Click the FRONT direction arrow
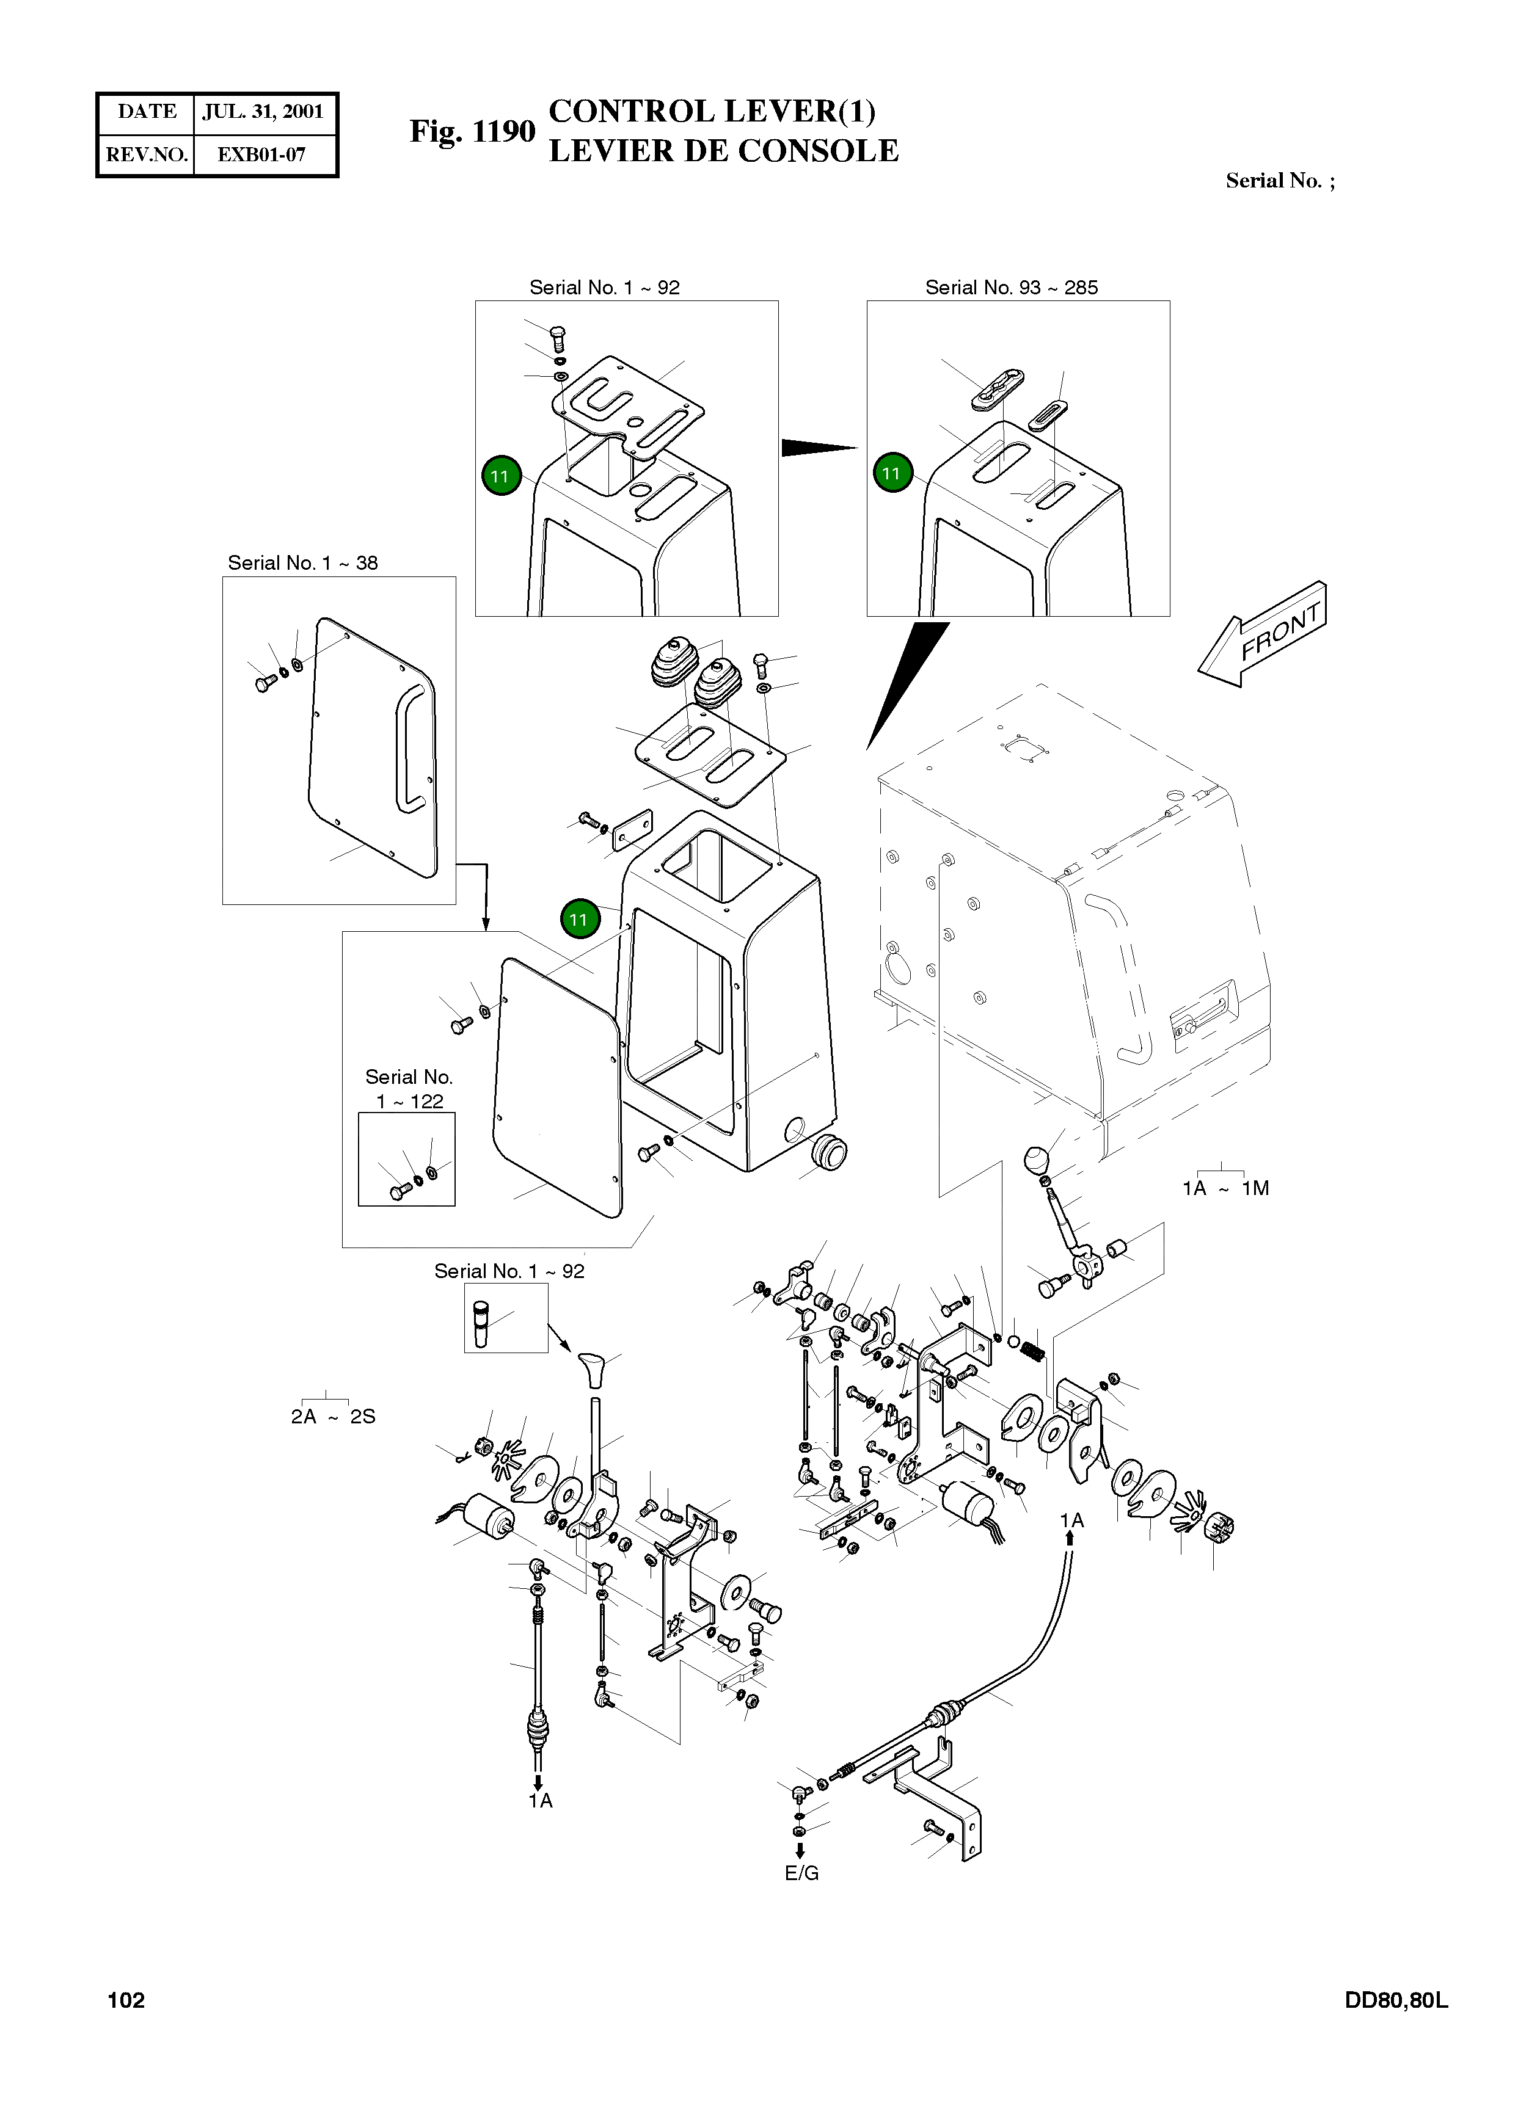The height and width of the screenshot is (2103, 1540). tap(1262, 634)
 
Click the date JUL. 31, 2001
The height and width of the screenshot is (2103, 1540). tap(263, 112)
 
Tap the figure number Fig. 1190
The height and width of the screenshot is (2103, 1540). tap(473, 131)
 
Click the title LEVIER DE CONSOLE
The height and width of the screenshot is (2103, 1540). tap(723, 150)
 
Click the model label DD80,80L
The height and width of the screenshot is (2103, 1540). tap(1395, 2000)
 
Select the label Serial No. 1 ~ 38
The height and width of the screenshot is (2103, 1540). tap(303, 563)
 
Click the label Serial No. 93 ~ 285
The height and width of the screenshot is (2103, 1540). tap(1012, 287)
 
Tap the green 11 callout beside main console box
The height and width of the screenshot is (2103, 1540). tap(579, 919)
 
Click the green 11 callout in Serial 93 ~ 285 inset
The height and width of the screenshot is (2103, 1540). tap(892, 473)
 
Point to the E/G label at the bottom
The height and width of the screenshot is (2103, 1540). tap(801, 1873)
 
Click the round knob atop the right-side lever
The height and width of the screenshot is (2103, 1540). tap(1037, 1161)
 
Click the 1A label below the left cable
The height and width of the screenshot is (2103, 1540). tap(541, 1800)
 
